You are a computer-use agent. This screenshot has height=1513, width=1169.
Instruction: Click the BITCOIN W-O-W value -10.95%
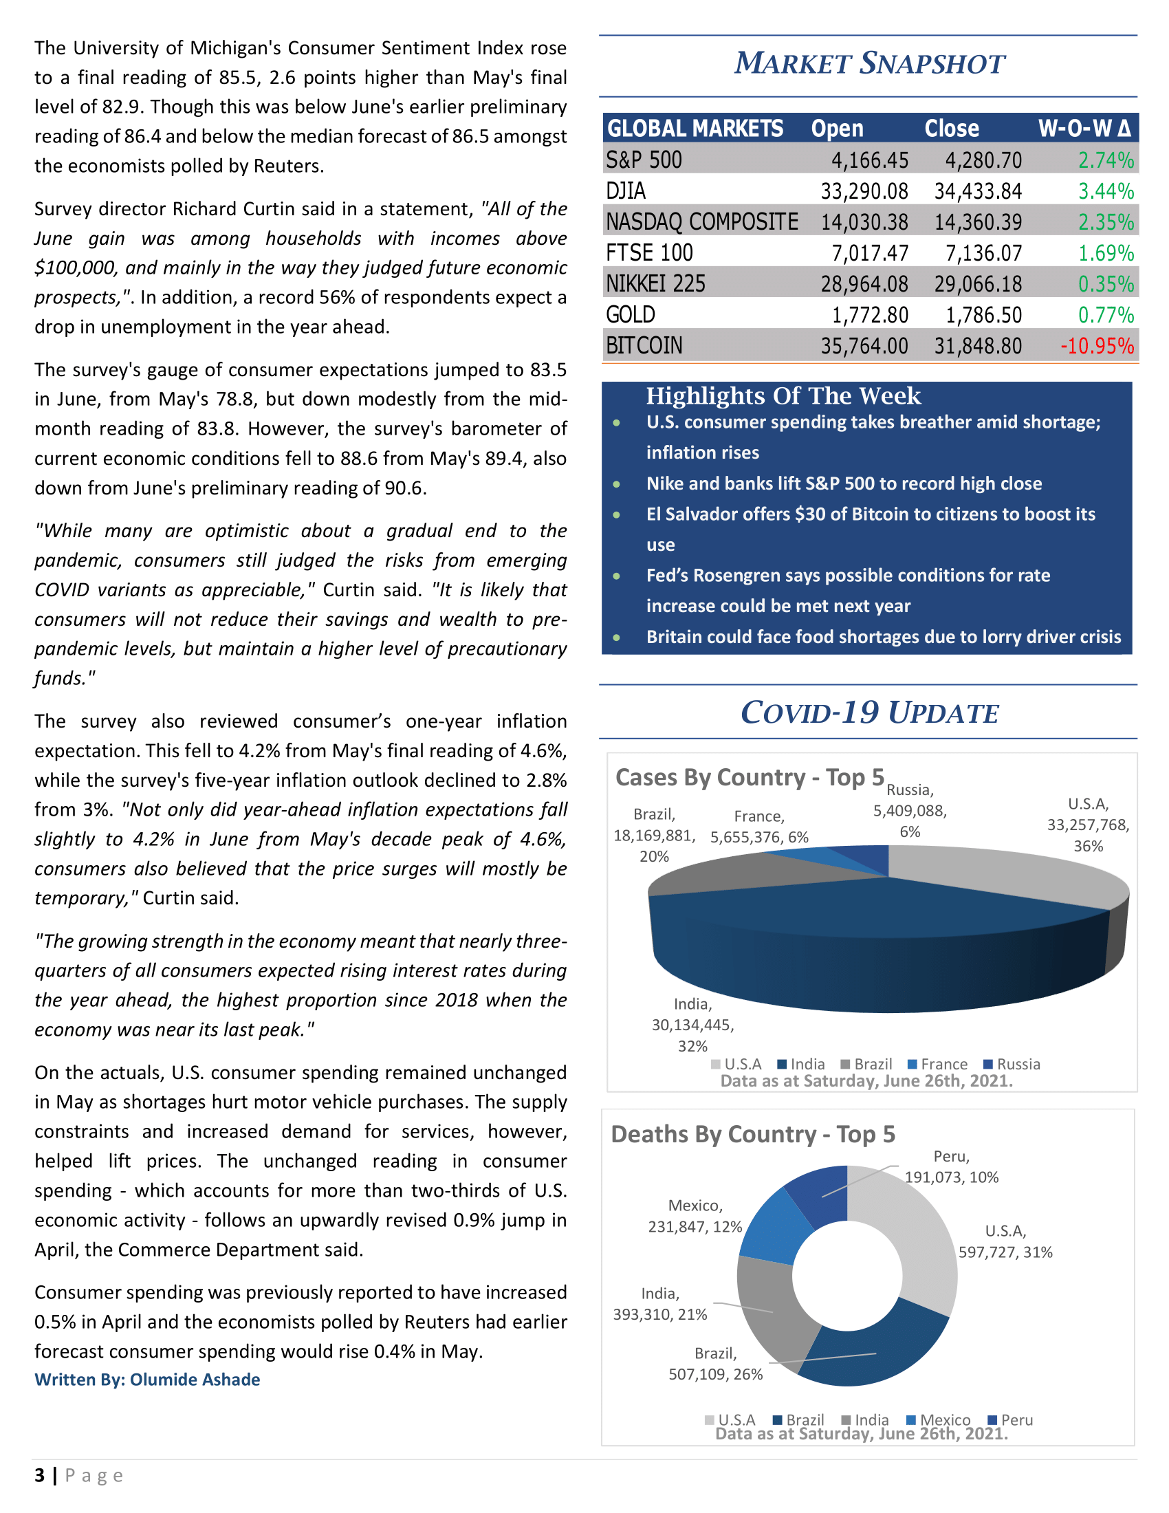click(x=1097, y=346)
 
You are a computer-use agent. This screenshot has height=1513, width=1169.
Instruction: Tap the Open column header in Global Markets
click(x=838, y=129)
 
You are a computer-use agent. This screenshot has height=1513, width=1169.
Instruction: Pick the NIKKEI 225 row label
click(x=655, y=284)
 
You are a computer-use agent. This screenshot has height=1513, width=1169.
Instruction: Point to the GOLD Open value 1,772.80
click(x=870, y=315)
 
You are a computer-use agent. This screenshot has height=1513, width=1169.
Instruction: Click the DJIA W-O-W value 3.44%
click(x=1106, y=191)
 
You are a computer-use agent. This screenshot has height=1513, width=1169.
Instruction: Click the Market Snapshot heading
click(x=868, y=64)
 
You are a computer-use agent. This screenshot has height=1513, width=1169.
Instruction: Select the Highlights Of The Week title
click(x=783, y=396)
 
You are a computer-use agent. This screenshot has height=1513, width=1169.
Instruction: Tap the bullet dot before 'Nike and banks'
click(x=616, y=484)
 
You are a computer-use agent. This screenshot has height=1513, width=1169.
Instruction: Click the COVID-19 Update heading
click(x=869, y=713)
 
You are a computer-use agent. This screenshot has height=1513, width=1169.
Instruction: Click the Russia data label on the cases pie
click(x=910, y=811)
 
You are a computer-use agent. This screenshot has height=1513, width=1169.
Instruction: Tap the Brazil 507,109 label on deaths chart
click(x=715, y=1364)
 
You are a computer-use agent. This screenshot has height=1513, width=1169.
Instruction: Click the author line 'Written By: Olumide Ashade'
click(x=148, y=1380)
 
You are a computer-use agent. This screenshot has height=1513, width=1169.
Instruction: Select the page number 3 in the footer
click(x=39, y=1476)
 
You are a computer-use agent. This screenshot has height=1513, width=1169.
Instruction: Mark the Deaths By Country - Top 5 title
click(x=753, y=1135)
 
